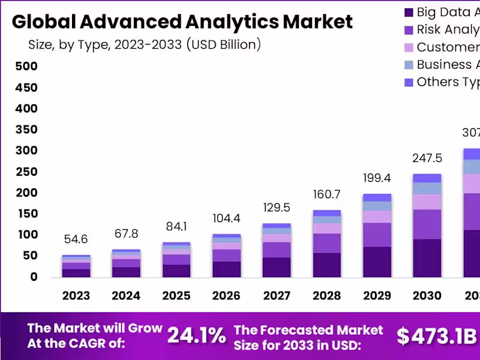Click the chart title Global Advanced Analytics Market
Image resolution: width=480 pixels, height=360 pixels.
point(182,22)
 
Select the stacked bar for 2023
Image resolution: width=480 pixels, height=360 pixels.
point(76,266)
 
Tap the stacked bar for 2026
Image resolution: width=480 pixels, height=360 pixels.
point(227,256)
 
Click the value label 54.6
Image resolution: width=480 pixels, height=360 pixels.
point(76,239)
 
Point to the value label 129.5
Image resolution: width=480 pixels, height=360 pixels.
point(277,208)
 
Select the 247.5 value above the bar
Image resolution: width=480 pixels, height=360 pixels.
point(427,158)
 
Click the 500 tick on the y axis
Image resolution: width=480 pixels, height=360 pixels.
point(26,67)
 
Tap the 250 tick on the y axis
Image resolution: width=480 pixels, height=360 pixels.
point(26,172)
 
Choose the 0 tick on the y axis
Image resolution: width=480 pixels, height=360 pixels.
point(34,277)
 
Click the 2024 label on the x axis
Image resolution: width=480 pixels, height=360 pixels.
point(126,296)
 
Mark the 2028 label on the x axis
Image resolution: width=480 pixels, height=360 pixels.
point(327,296)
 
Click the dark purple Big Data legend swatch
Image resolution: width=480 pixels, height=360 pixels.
point(409,12)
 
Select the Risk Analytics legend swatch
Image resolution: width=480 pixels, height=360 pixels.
point(409,29)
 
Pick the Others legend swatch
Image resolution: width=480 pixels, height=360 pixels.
point(409,82)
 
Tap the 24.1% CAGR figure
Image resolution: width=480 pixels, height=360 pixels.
point(196,335)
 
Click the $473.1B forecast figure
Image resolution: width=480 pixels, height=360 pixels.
point(436,336)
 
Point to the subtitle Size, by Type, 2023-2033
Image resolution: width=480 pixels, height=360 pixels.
point(145,44)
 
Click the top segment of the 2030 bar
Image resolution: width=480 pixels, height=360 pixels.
point(427,178)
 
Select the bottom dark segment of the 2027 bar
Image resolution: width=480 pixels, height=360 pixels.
point(277,267)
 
